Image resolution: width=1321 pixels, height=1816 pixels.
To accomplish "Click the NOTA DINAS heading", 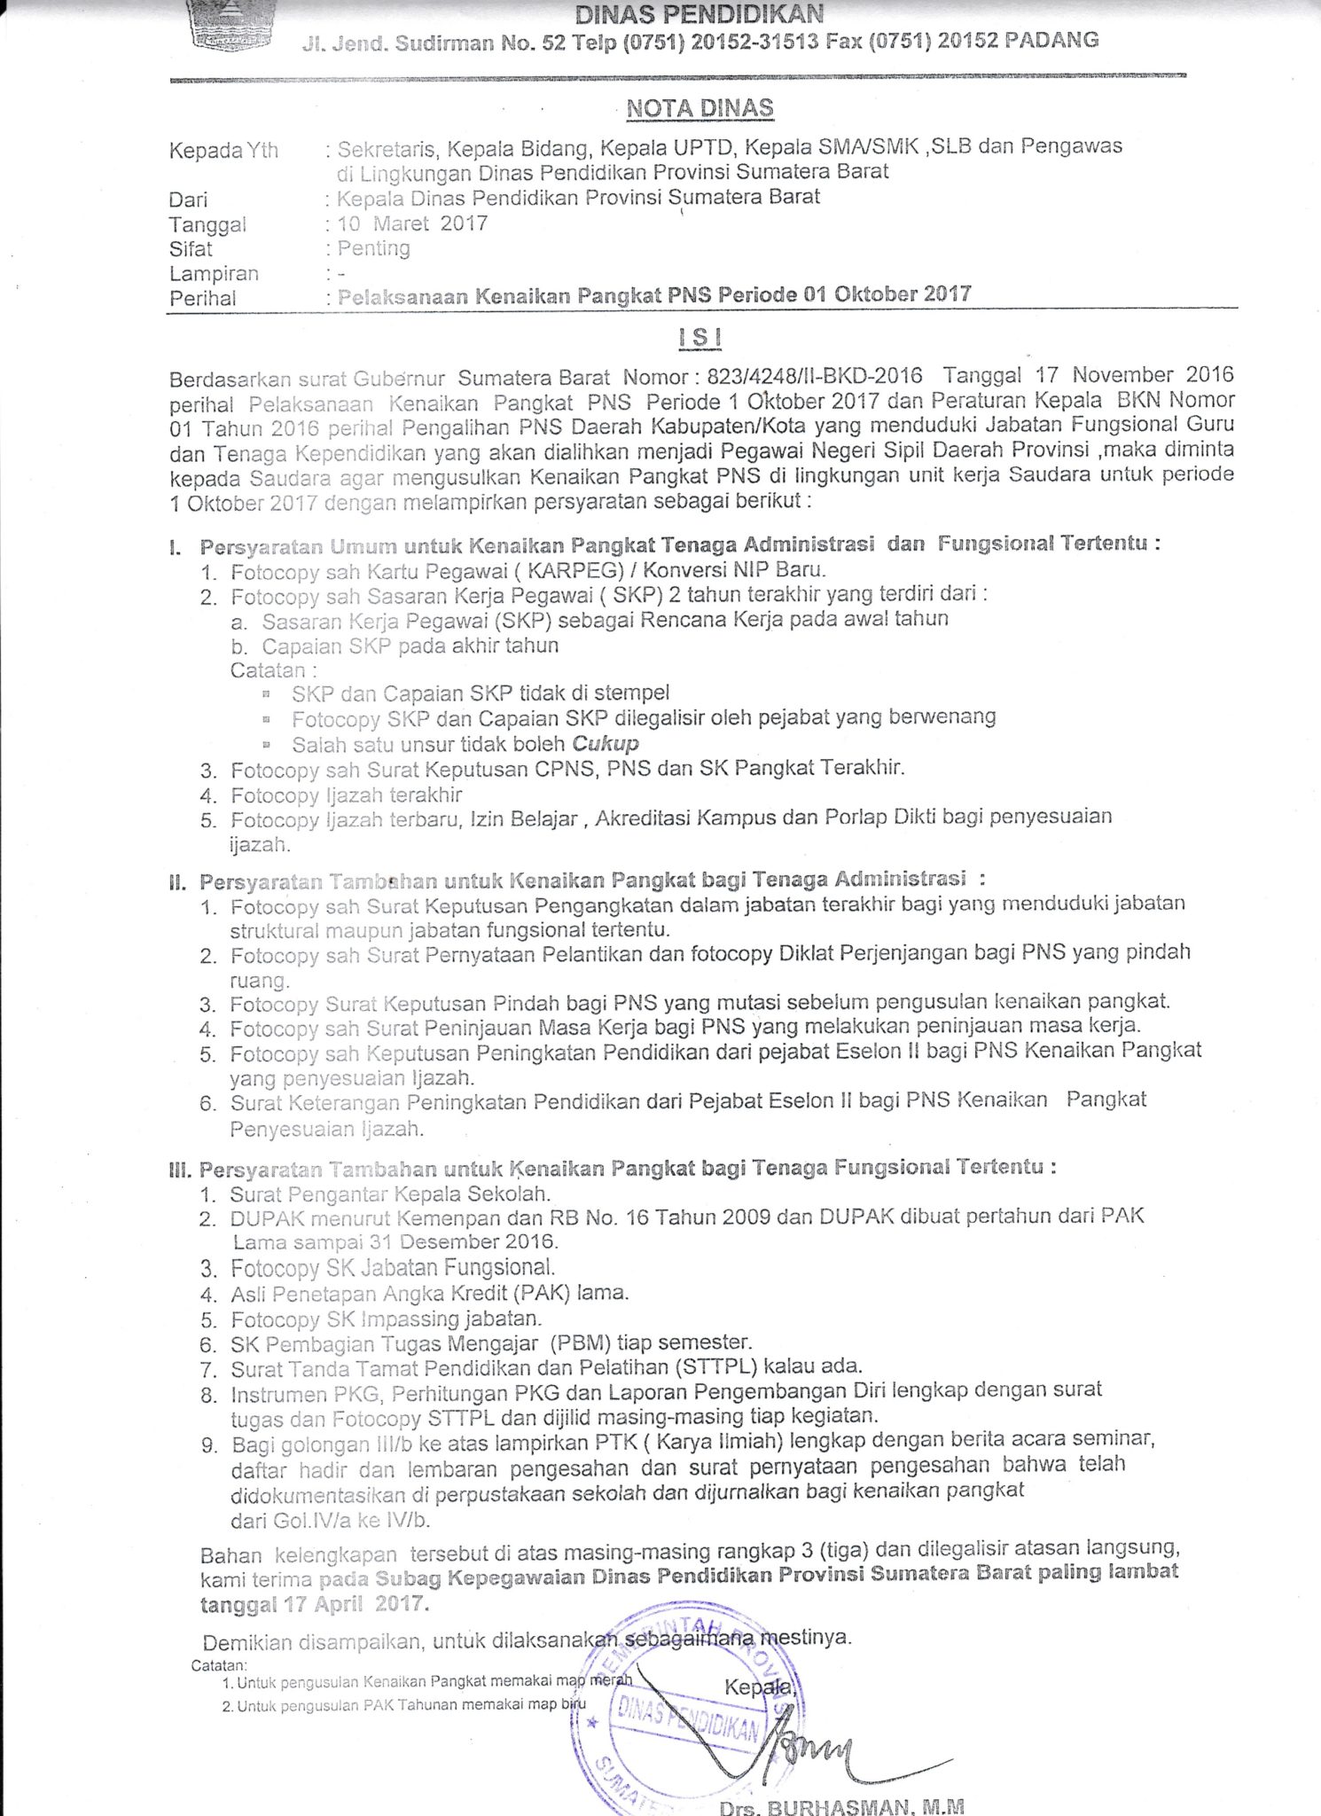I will tap(700, 108).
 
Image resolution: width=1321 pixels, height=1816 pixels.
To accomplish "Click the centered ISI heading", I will tap(700, 338).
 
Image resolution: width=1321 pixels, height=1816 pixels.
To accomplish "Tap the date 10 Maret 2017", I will tap(412, 223).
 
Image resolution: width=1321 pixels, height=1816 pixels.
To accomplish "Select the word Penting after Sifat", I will tap(373, 247).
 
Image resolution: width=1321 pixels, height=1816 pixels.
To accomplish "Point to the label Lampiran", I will tap(214, 273).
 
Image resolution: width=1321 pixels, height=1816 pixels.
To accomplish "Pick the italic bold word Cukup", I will tap(606, 743).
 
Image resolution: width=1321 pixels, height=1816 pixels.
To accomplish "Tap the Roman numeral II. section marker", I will tap(179, 882).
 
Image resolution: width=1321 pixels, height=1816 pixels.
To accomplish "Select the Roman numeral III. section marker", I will tap(181, 1170).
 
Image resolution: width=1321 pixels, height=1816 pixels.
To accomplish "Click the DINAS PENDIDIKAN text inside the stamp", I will tap(689, 1719).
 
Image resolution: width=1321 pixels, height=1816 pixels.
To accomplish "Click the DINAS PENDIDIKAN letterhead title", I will tap(700, 14).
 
